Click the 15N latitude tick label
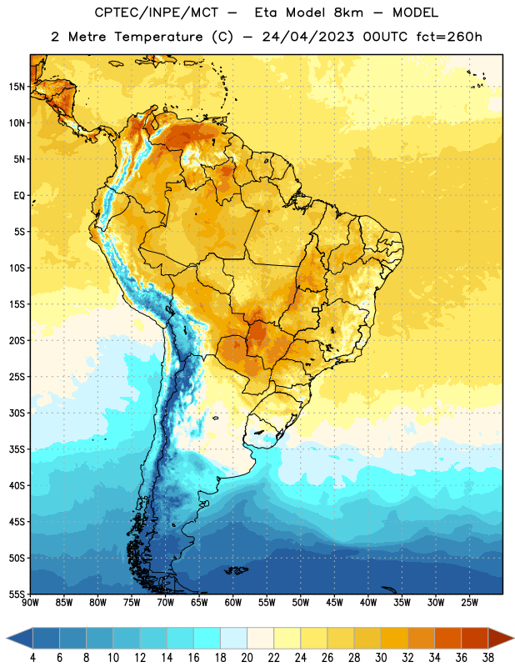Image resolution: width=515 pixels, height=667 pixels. (17, 87)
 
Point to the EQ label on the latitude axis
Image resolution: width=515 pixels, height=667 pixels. (19, 196)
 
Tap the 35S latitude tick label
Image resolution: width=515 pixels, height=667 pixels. (17, 449)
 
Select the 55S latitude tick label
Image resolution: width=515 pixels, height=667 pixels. (17, 594)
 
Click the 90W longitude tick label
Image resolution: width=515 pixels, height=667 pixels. (31, 603)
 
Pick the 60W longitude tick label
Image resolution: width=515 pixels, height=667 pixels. (233, 603)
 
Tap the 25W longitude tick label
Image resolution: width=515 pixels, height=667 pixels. (469, 603)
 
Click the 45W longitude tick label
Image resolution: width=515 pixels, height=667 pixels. (334, 603)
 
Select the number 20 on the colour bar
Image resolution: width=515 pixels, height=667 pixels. (247, 658)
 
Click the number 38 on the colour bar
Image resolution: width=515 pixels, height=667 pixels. (488, 658)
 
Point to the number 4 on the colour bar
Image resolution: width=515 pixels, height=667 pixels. (32, 658)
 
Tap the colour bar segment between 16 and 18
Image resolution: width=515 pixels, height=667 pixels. (207, 638)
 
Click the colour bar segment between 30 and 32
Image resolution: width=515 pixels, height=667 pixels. (394, 638)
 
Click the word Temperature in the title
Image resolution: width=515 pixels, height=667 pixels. (158, 37)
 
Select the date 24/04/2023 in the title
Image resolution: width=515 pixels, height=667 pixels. (307, 37)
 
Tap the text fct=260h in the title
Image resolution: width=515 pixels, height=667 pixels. (449, 37)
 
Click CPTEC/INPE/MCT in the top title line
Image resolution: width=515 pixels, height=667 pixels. (156, 13)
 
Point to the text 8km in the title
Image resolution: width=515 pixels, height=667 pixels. (348, 13)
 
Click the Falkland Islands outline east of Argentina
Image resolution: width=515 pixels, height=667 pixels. (236, 570)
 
